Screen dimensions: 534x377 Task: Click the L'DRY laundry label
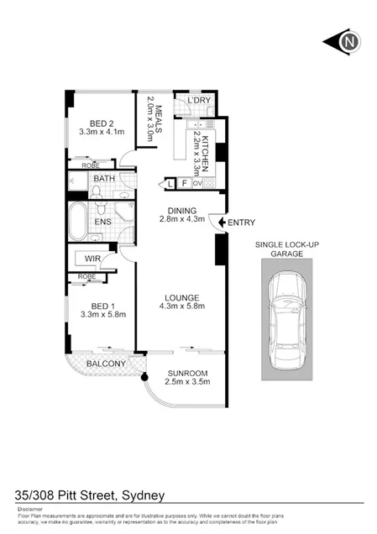199,101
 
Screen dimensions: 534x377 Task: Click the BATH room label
104,179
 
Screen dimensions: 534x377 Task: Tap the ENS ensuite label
104,222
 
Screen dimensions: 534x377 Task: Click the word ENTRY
241,222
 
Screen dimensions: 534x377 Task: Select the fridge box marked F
184,182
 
